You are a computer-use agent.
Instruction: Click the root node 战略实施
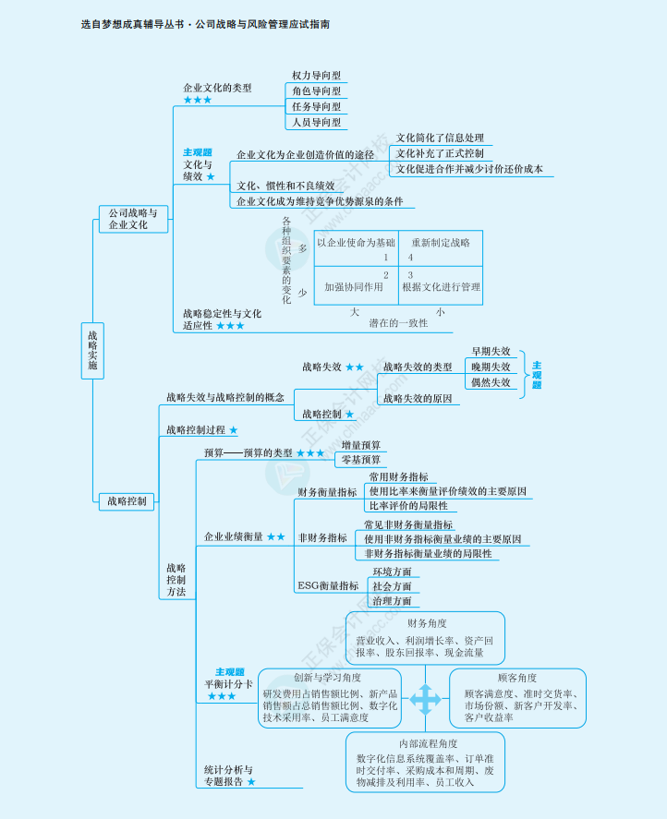coord(92,350)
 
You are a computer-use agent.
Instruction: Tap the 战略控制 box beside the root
coord(127,501)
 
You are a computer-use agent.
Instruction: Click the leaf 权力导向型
coord(316,76)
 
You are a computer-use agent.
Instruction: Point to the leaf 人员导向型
coord(316,122)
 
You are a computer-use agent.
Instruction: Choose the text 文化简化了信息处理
coord(440,138)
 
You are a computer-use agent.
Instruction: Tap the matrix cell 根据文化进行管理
coord(441,287)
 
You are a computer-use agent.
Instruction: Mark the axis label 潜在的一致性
coord(398,323)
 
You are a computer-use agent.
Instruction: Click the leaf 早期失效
coord(491,352)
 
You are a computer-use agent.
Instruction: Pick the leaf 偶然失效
coord(491,382)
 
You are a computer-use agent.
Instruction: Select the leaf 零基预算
coord(360,460)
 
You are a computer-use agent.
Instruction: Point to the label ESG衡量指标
coord(328,586)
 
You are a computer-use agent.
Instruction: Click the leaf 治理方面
coord(392,601)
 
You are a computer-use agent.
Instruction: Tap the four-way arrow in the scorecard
coord(425,699)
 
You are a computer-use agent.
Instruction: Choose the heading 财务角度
coord(426,624)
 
